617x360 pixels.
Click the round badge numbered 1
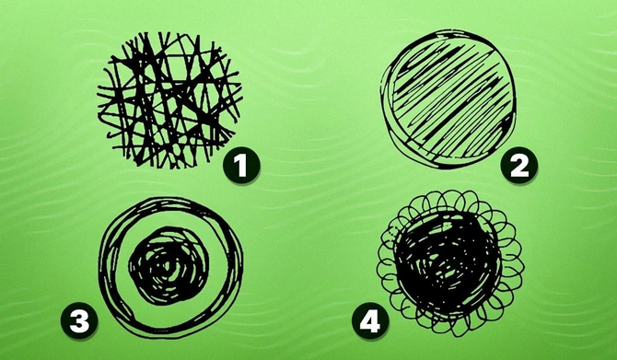click(241, 166)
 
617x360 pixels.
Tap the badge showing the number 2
click(518, 166)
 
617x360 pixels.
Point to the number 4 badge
click(370, 321)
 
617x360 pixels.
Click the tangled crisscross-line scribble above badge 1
click(169, 100)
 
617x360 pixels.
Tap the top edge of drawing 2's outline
click(448, 32)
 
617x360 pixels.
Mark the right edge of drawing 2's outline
click(513, 99)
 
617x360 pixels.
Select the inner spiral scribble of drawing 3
click(169, 265)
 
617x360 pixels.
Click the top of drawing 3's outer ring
click(170, 201)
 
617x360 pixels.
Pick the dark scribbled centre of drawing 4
click(448, 262)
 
